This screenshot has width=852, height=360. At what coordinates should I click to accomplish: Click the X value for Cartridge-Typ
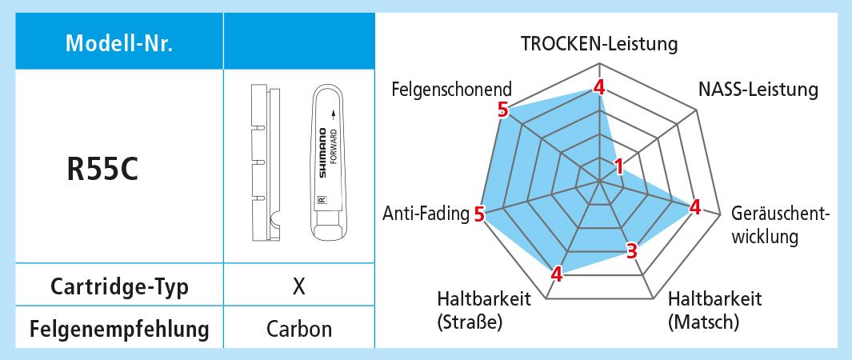coord(298,287)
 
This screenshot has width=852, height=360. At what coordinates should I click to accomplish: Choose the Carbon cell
coord(298,328)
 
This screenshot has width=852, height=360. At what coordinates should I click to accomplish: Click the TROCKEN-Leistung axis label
coord(599,43)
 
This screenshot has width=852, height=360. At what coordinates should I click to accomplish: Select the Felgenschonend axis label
coord(452,89)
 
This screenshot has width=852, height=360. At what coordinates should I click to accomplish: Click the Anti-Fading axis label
coord(425,214)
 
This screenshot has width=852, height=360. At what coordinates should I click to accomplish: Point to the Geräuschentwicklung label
coord(780,225)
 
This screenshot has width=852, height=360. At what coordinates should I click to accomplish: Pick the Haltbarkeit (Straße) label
coord(484,310)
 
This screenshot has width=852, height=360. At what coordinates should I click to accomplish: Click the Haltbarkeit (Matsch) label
coord(714,310)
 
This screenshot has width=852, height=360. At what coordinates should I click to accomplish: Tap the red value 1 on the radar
coord(618,166)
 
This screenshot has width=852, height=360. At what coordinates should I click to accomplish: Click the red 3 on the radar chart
coord(631,251)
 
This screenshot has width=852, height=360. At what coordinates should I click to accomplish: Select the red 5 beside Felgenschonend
coord(502,110)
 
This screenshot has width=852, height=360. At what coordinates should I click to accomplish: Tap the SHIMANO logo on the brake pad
coord(322,154)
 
